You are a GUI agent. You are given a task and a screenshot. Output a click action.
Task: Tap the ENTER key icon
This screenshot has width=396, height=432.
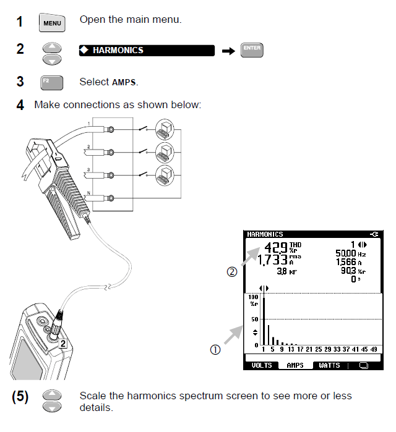coord(252,50)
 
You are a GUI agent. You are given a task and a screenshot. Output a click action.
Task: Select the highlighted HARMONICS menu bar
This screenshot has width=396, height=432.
coord(147,51)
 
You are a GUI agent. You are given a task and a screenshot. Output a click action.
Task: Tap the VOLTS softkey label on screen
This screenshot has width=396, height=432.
coord(261,366)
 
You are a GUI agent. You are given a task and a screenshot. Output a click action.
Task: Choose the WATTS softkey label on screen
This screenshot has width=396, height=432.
coord(329,366)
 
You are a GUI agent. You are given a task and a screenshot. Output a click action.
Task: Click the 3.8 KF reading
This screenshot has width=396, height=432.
coord(286,271)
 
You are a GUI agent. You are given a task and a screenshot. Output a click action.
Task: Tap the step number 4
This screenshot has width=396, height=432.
coord(20,105)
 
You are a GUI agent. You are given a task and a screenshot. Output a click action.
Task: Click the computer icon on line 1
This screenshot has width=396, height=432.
coord(165,129)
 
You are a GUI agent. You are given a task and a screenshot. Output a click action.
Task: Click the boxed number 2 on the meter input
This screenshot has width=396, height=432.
coord(62,341)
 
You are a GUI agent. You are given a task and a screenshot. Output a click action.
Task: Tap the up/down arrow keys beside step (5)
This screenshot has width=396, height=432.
coord(53,400)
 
